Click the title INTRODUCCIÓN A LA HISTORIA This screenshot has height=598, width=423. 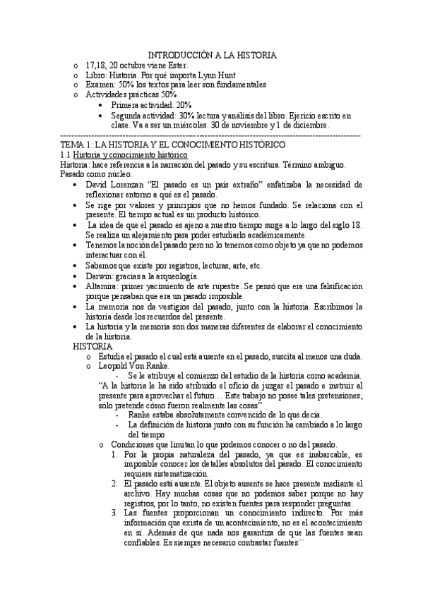click(212, 55)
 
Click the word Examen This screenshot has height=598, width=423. click(101, 85)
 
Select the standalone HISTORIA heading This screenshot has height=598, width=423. click(93, 347)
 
